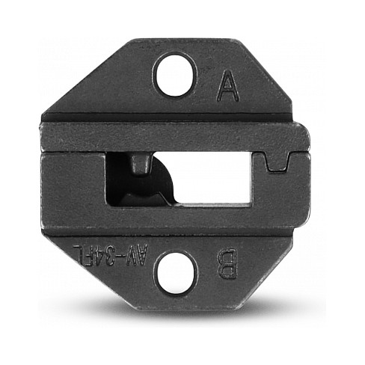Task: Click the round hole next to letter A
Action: [174, 76]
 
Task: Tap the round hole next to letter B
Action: [175, 272]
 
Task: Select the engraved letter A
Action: [228, 85]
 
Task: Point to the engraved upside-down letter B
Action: [227, 263]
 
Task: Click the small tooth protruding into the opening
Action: [141, 164]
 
